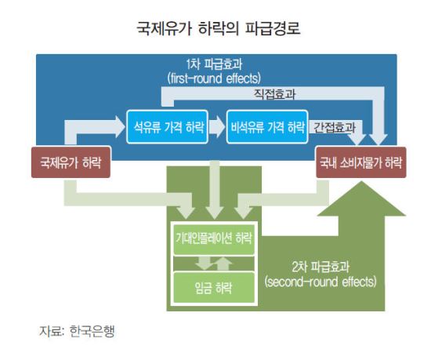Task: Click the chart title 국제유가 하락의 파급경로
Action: point(219,27)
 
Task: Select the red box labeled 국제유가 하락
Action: point(71,162)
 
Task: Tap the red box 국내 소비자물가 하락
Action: point(361,162)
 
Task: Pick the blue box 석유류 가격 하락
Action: point(167,127)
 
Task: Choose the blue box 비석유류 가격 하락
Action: point(267,127)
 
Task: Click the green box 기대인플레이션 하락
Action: point(214,238)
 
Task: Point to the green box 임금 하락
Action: point(214,287)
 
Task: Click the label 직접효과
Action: point(274,94)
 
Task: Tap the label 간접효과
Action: point(335,127)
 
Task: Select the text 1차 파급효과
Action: point(214,64)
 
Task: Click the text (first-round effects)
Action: point(214,78)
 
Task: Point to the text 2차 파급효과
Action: point(321,267)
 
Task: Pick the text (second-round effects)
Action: point(321,282)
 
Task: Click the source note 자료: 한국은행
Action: point(77,331)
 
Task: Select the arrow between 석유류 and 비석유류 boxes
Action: point(216,127)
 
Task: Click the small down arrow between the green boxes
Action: point(204,264)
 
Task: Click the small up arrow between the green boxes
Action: point(223,264)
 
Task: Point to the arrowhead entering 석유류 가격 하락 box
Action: point(120,127)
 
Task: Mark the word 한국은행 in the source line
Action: point(92,331)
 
